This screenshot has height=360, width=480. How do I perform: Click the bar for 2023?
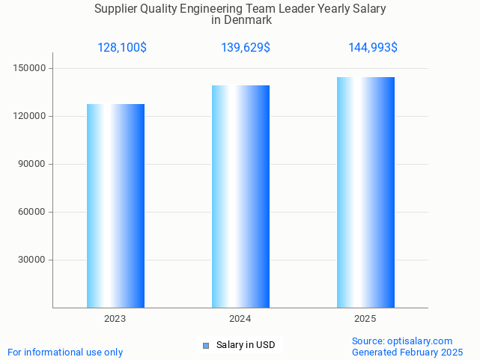coord(115,206)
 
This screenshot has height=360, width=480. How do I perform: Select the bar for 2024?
coord(240,196)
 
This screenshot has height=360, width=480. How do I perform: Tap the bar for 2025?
coord(365,192)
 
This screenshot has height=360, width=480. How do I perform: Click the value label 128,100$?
coord(122,48)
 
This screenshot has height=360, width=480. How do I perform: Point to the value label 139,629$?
coord(246,48)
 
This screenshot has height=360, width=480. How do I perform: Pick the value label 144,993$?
coord(373,48)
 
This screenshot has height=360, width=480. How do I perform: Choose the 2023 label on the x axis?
coord(115,319)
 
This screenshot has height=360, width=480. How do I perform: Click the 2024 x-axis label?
coord(240,319)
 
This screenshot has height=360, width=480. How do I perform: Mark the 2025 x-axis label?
coord(365,319)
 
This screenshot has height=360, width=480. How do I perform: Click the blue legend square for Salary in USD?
coord(206,345)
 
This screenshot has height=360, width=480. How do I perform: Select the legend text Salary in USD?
coord(246,345)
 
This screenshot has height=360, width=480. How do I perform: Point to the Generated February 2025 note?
coord(407,353)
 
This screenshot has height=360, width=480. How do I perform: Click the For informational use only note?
coord(65,353)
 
